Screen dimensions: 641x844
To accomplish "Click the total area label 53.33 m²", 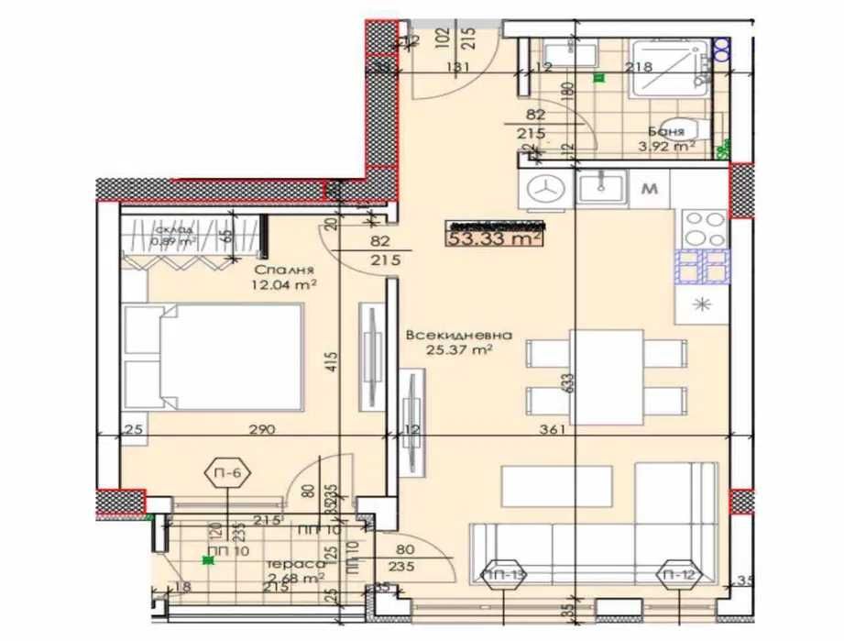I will point(494,239).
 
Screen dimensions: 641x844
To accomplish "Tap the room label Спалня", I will point(285,271).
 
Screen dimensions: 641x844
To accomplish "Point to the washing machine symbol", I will point(548,189).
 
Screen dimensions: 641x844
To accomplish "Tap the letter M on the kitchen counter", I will point(651,190).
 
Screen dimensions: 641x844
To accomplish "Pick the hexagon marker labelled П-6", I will point(227,474).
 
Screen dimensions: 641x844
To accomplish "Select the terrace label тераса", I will point(291,564).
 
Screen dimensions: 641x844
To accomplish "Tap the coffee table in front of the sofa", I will point(556,486).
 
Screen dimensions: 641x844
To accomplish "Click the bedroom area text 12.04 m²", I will point(287,285).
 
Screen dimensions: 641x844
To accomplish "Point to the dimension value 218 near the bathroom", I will point(638,66).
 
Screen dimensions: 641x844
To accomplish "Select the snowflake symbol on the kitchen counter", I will point(704,304).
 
